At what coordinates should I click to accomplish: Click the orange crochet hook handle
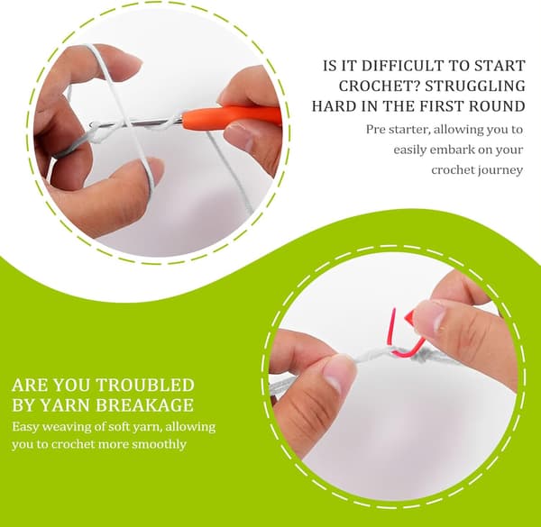pos(231,116)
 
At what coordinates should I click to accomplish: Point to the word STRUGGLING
pos(475,86)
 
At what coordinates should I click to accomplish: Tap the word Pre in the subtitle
pos(375,130)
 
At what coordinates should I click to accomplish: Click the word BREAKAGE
pos(144,405)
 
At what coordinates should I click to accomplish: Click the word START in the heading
pos(500,66)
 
